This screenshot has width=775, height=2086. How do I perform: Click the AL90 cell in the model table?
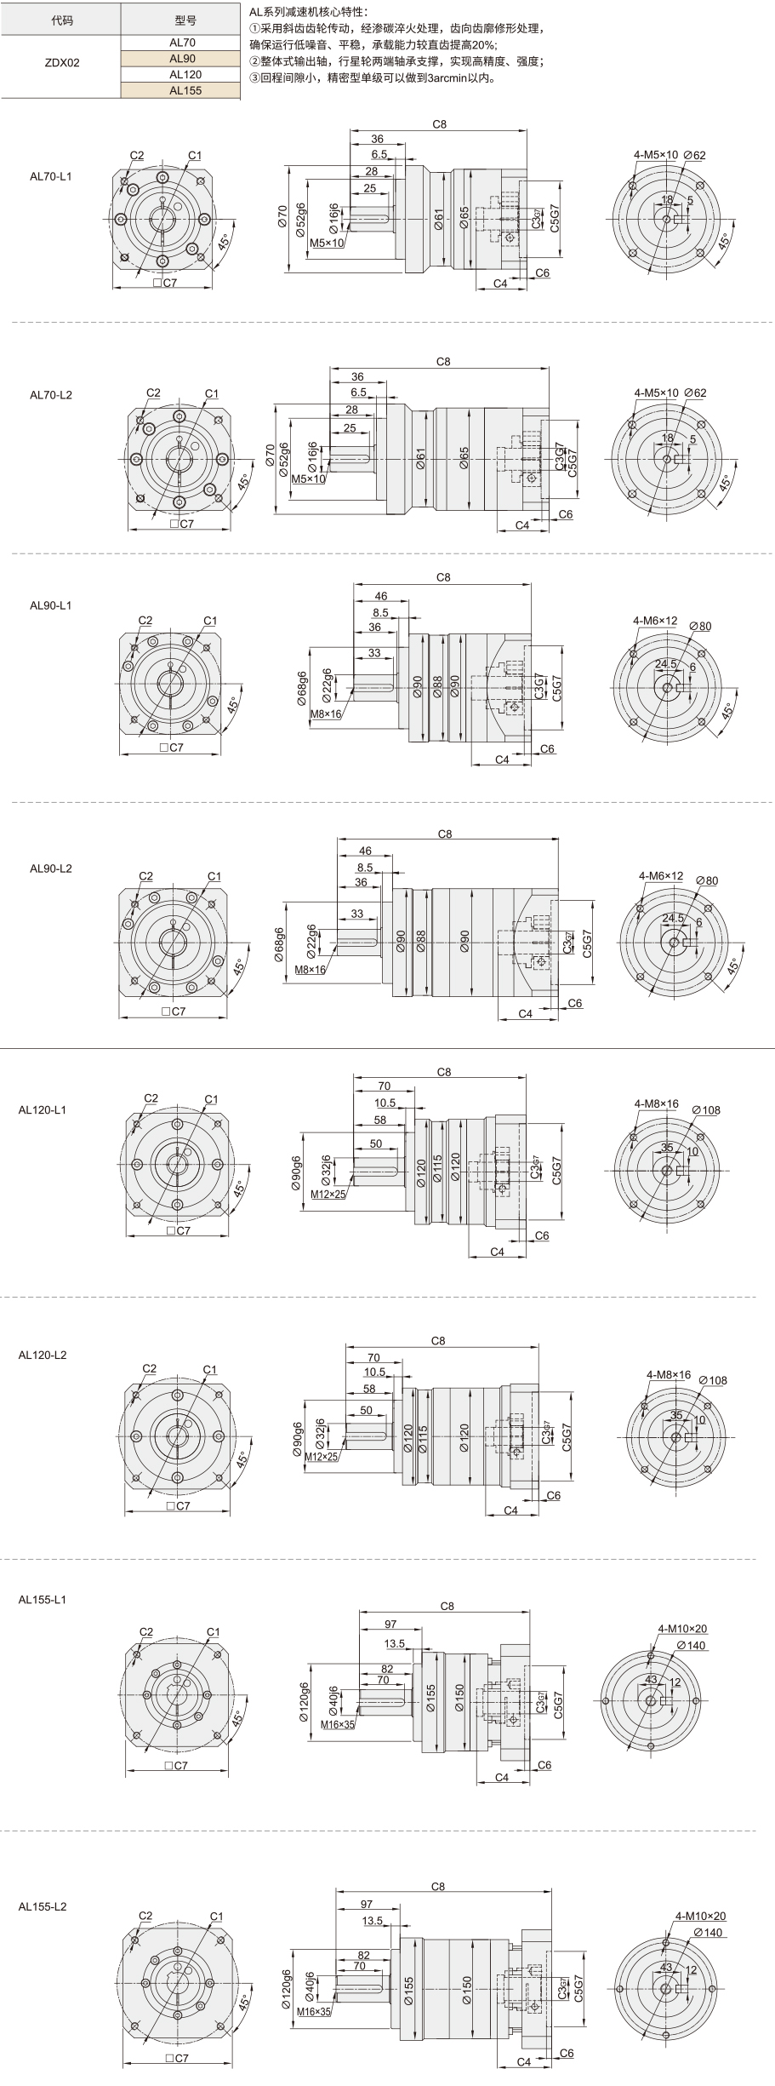click(181, 59)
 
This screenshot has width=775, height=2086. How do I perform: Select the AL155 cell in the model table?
click(181, 90)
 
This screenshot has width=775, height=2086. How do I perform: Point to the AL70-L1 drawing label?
click(51, 176)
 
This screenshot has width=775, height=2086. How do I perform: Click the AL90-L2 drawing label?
click(51, 868)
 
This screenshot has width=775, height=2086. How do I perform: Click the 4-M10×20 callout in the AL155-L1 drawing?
click(682, 1629)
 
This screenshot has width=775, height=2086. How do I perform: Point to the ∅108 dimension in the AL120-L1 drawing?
click(706, 1110)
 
